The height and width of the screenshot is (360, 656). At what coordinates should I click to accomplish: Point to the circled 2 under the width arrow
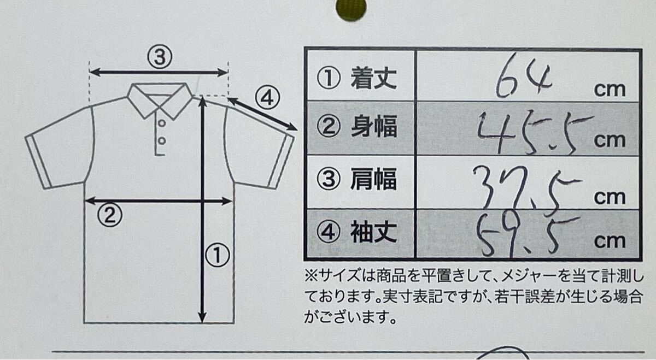pyautogui.click(x=109, y=216)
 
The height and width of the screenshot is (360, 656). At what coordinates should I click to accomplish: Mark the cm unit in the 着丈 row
pyautogui.click(x=610, y=90)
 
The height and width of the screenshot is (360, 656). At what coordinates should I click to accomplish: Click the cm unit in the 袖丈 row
pyautogui.click(x=610, y=241)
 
